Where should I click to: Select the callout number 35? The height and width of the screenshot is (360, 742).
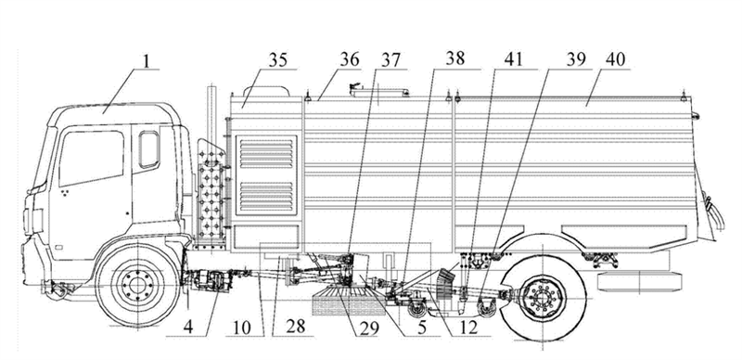(278, 61)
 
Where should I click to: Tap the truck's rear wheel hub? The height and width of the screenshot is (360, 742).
(541, 297)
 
